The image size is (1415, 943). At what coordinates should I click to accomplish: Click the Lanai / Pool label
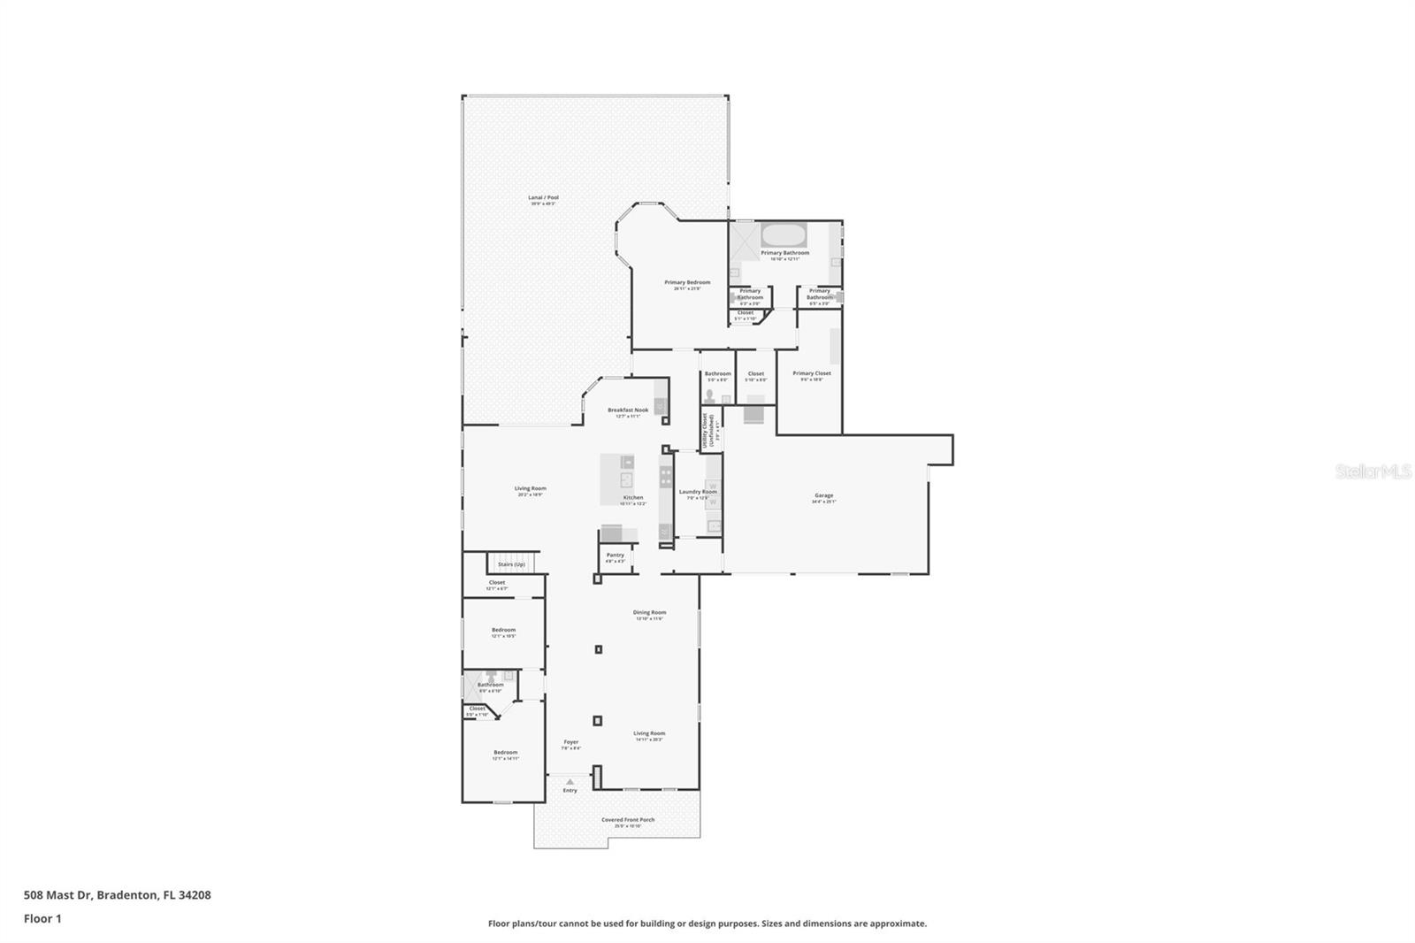543,198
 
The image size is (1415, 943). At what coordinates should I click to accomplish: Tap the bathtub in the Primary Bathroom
784,236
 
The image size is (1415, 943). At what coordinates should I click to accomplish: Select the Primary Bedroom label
687,283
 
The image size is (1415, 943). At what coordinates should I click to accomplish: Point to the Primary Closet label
812,373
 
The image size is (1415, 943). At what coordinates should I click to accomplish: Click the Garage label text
823,495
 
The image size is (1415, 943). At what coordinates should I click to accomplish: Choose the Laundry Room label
698,492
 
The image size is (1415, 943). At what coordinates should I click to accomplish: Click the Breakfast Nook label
628,410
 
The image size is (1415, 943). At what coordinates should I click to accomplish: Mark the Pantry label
616,556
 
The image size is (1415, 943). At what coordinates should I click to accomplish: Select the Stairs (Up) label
511,564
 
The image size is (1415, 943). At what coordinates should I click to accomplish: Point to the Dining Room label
649,612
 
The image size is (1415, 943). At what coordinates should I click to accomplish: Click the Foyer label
571,742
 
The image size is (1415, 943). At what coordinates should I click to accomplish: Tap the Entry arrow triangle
570,782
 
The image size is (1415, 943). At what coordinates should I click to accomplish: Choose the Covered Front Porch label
628,820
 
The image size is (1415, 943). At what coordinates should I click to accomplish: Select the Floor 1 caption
42,919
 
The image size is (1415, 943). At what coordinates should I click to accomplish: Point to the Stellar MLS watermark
1373,472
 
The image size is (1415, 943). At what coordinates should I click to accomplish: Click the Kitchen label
633,498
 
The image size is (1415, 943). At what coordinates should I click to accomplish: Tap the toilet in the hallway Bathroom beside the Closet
709,395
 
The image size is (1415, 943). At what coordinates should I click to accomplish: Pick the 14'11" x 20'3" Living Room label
649,733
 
